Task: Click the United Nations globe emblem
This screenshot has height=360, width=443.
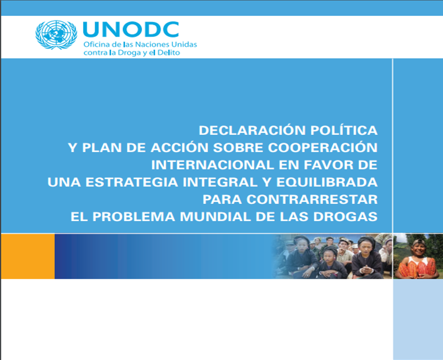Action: [56, 34]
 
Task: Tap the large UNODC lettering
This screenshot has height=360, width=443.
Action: [131, 30]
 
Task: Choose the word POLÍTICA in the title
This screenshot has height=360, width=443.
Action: [344, 130]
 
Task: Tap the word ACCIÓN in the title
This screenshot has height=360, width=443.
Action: [179, 148]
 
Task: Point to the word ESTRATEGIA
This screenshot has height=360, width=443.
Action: [132, 182]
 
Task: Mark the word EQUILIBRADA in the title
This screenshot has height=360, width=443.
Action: [327, 182]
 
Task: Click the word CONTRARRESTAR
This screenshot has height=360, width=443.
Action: [312, 199]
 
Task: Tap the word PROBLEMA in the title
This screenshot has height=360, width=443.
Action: [134, 217]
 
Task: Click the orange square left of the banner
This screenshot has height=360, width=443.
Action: [28, 256]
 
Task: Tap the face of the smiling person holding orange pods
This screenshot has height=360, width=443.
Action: [419, 248]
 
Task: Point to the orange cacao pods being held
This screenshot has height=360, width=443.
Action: [418, 268]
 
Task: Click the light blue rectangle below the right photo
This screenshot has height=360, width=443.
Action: [418, 319]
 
